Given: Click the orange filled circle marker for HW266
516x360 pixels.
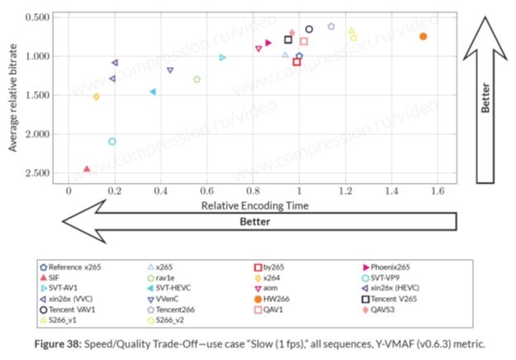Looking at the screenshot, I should click(x=423, y=36).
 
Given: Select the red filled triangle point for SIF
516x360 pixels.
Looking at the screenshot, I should click(x=87, y=169).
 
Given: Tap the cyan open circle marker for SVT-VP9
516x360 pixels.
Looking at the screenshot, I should click(x=112, y=142).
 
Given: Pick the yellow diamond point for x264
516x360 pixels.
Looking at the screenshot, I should click(x=97, y=97).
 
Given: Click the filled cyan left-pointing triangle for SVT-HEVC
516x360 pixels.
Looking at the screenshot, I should click(x=153, y=92).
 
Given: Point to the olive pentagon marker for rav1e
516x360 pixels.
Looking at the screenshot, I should click(x=197, y=79).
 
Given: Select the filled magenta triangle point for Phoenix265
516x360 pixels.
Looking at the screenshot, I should click(x=269, y=43).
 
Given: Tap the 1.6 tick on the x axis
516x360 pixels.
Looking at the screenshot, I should click(x=437, y=190).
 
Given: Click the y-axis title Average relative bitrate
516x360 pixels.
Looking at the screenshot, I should click(x=14, y=96).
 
